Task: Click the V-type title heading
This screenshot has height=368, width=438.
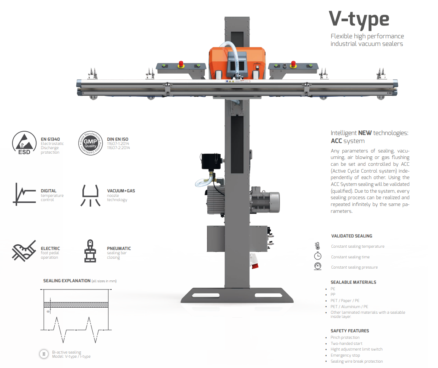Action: (359, 19)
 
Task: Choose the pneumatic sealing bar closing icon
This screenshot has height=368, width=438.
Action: (90, 251)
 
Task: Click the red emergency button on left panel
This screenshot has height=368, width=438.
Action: (181, 63)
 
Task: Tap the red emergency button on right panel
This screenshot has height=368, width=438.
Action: (293, 63)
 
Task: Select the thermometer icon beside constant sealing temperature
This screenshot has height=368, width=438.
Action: (317, 246)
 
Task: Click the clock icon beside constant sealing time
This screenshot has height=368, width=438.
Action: (318, 256)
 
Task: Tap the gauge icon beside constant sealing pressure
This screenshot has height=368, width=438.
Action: (318, 267)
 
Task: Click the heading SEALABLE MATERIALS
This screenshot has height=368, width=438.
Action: (353, 282)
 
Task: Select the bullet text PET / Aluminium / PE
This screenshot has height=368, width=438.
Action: (349, 307)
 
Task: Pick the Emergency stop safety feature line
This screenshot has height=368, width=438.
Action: (345, 355)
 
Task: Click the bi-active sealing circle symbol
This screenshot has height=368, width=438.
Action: (44, 354)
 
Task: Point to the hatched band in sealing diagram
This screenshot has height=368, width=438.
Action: (76, 304)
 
